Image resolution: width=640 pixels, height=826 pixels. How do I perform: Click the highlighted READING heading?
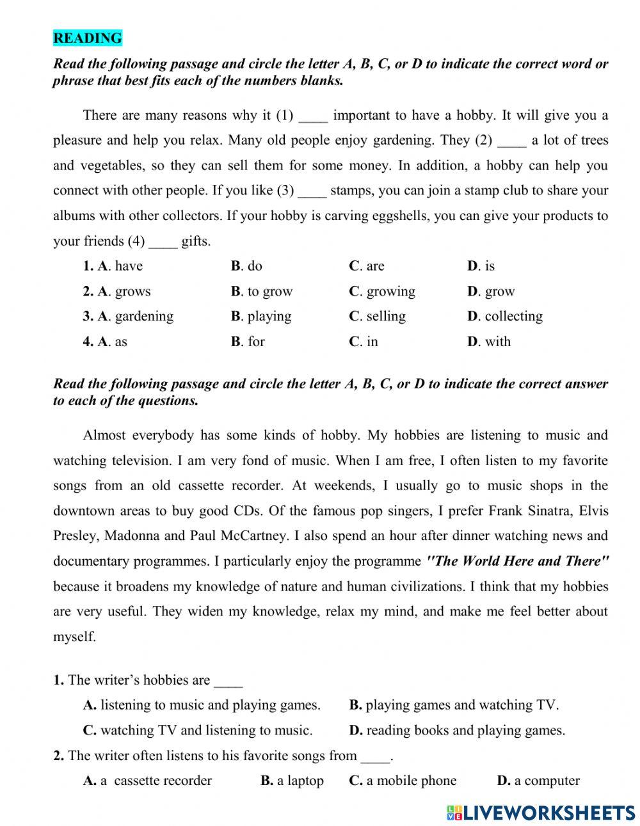tap(87, 38)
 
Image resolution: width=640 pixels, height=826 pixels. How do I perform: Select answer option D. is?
tap(481, 266)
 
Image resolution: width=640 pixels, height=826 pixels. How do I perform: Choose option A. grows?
tap(117, 292)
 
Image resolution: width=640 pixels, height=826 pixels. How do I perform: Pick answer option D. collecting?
tap(505, 316)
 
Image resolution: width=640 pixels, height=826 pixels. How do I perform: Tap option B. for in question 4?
tap(248, 342)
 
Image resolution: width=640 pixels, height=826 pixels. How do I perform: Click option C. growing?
tap(382, 292)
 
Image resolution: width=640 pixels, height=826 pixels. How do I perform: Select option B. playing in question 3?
tap(261, 316)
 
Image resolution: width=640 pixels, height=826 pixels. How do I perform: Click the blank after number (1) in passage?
tap(313, 116)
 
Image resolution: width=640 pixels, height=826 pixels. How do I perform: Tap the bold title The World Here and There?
tap(518, 561)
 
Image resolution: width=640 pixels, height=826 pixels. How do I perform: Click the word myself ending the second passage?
tap(74, 637)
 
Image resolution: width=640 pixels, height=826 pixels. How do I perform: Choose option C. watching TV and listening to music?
tap(198, 730)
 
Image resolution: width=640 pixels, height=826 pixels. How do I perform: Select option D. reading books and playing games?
tap(457, 730)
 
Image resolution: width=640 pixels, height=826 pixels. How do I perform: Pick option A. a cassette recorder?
tap(148, 781)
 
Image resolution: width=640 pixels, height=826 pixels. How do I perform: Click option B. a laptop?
tap(292, 781)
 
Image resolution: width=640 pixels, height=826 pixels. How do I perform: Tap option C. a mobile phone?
tap(403, 781)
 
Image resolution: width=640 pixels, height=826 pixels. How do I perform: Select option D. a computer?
tap(538, 781)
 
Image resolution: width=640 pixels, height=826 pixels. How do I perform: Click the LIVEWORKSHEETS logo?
tap(541, 813)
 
